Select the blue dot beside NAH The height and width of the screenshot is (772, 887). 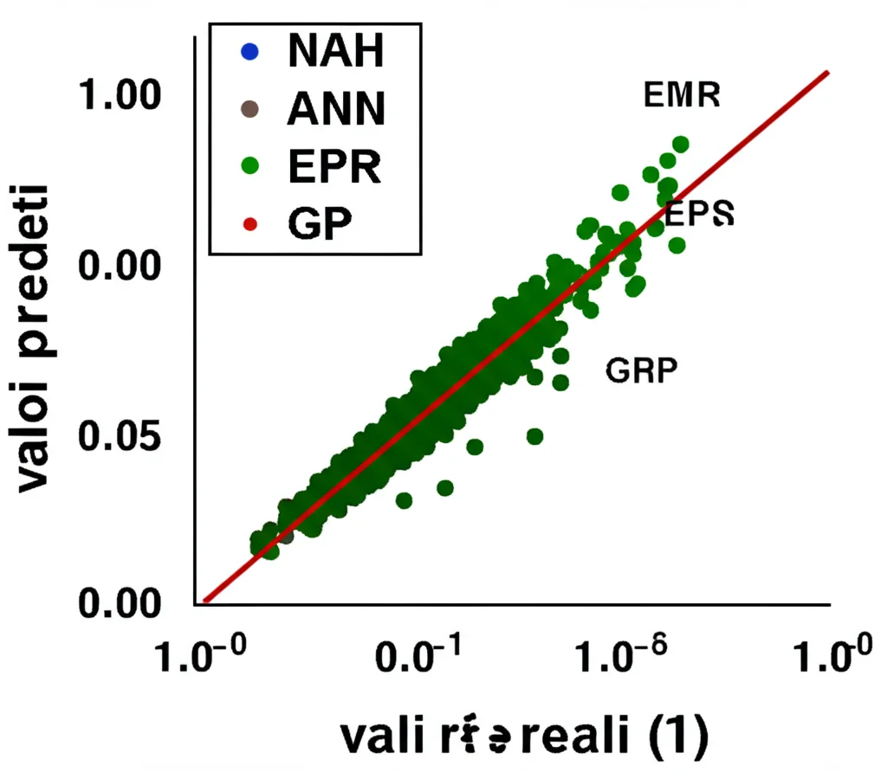pyautogui.click(x=249, y=53)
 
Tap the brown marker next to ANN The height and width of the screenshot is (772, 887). pyautogui.click(x=249, y=109)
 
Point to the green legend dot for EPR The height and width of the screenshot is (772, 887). pyautogui.click(x=249, y=166)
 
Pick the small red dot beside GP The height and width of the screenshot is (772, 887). pyautogui.click(x=249, y=224)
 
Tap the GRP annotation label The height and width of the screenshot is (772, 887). pyautogui.click(x=641, y=370)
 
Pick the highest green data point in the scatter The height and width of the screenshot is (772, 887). pyautogui.click(x=680, y=144)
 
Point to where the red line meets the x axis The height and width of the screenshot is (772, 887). pyautogui.click(x=205, y=601)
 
